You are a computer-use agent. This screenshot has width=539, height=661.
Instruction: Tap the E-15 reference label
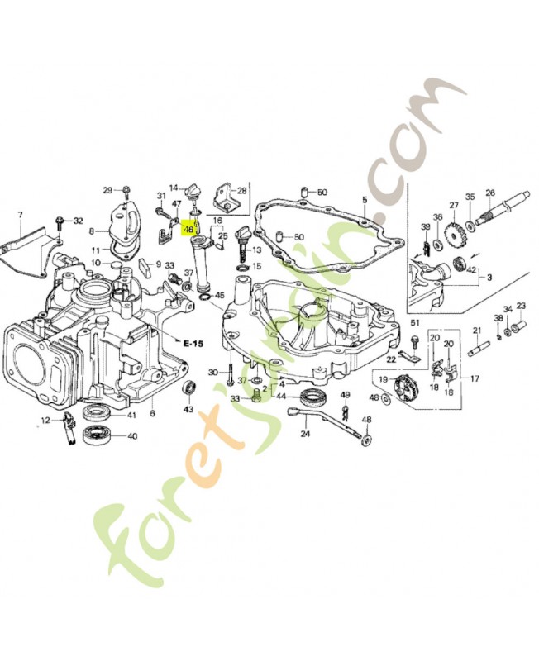[193, 342]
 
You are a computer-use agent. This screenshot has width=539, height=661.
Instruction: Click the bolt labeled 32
[61, 222]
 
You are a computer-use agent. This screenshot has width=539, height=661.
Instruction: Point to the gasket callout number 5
[363, 199]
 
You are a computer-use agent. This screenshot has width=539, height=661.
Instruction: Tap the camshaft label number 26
[489, 193]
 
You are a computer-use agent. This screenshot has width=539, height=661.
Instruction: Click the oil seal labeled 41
[98, 414]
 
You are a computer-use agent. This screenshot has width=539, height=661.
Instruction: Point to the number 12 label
[46, 421]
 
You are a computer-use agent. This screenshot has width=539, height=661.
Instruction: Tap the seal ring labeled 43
[188, 388]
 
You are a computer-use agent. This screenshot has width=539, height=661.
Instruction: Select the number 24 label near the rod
[305, 433]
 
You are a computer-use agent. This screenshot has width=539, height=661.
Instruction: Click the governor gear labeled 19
[406, 386]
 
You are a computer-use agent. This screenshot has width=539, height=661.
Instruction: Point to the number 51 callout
[416, 321]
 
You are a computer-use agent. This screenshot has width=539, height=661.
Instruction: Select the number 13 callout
[256, 250]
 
